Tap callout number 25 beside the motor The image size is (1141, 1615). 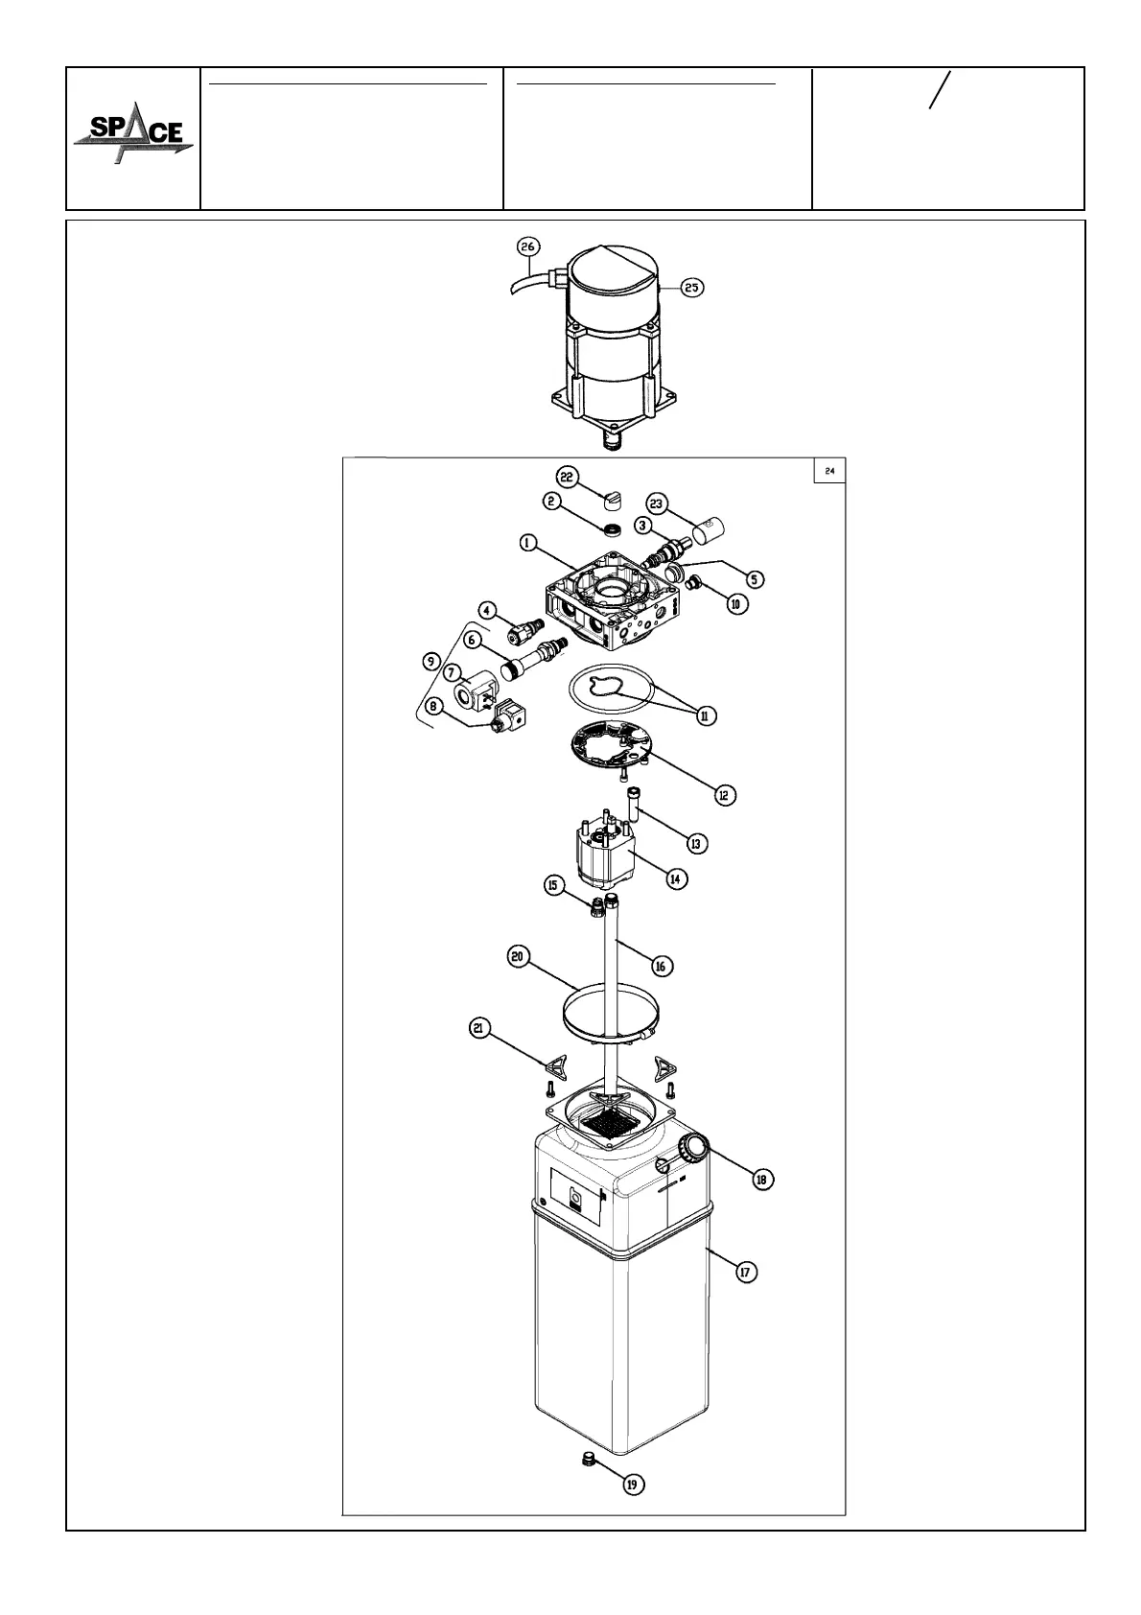coord(692,287)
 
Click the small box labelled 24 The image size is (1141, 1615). coord(829,471)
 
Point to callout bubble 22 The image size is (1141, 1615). coord(567,476)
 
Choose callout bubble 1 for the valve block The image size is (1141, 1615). coord(527,543)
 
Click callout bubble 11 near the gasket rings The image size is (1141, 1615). coord(707,715)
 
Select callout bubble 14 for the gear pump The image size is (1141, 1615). coord(676,878)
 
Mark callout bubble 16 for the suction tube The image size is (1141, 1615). coord(661,966)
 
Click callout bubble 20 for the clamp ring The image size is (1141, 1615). coord(518,957)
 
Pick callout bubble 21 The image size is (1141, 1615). coord(479,1029)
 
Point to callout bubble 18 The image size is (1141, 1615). coord(762,1179)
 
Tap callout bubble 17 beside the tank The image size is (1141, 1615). coord(746,1272)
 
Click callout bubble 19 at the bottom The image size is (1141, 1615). coord(632,1484)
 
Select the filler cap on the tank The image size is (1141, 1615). coord(692,1147)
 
